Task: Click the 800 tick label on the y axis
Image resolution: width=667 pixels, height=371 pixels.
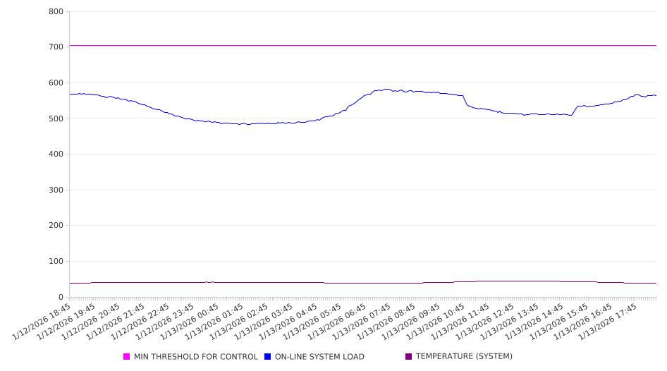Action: click(x=56, y=12)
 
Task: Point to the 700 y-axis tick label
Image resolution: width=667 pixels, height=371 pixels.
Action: click(x=56, y=47)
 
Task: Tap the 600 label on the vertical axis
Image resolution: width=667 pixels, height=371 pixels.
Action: click(x=56, y=83)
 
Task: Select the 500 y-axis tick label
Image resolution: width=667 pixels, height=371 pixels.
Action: click(x=56, y=118)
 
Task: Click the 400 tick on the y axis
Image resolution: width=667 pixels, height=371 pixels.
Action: click(x=56, y=154)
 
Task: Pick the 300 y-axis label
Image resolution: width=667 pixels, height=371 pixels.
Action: click(x=56, y=190)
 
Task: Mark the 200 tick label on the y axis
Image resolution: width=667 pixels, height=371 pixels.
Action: click(x=56, y=226)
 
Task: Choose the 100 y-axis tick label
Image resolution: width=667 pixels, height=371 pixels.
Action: click(x=56, y=262)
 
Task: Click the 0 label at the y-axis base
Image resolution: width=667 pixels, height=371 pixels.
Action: click(x=61, y=298)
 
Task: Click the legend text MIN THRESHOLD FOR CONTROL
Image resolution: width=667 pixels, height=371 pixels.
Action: click(x=195, y=357)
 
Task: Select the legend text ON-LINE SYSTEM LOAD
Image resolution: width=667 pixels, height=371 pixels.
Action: click(x=319, y=357)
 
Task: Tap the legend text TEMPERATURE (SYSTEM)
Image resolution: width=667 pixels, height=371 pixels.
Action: click(x=464, y=357)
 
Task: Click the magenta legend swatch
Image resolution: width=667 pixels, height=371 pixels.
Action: click(x=127, y=357)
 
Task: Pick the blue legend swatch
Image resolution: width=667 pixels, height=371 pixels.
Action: click(x=268, y=357)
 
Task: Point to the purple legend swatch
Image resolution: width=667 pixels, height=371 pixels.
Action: click(x=409, y=357)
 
